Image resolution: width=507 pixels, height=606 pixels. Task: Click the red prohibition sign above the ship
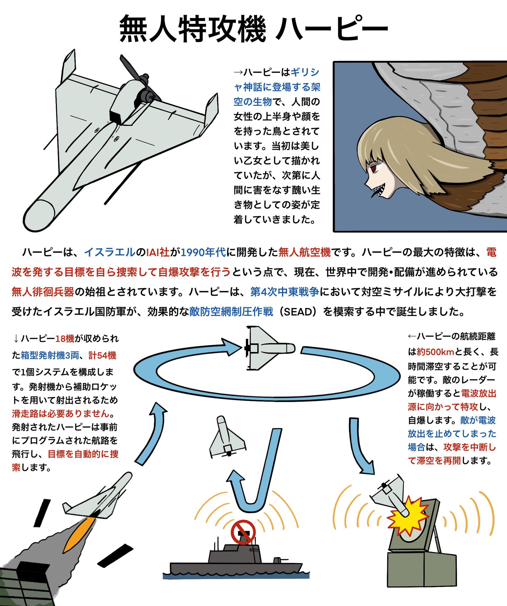(243, 532)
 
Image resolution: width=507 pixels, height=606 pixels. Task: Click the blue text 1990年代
(203, 252)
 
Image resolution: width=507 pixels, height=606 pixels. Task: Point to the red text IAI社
(158, 252)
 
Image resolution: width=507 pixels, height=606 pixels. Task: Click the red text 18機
(65, 338)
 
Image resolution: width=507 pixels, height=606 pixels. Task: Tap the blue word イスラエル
(110, 252)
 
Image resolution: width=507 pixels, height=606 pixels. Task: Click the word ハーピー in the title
(332, 29)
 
